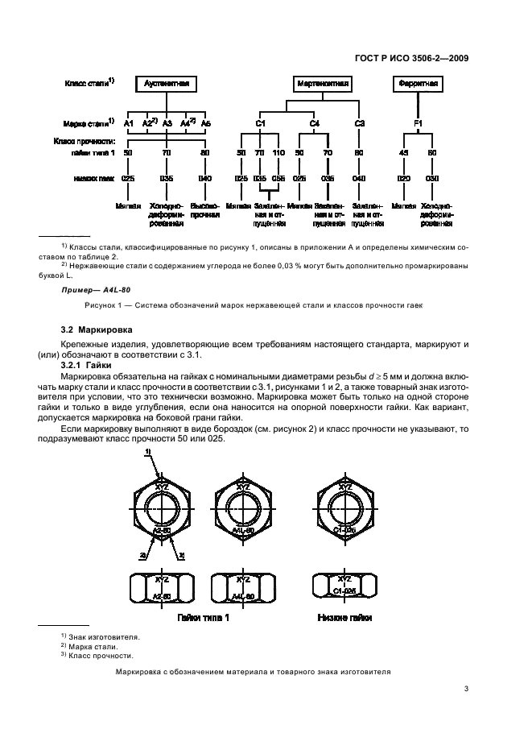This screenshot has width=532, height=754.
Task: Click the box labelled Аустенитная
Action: click(x=165, y=84)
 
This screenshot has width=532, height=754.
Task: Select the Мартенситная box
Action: click(x=317, y=84)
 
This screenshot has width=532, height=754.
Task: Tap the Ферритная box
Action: click(x=419, y=84)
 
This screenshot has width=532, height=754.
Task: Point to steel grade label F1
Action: click(x=419, y=123)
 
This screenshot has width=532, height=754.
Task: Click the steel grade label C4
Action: click(x=315, y=123)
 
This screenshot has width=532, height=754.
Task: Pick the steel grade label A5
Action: click(x=206, y=123)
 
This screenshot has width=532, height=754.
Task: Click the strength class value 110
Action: click(x=278, y=152)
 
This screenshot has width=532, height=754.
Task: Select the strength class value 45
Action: click(x=404, y=152)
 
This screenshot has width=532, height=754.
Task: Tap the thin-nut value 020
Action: click(x=404, y=178)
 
